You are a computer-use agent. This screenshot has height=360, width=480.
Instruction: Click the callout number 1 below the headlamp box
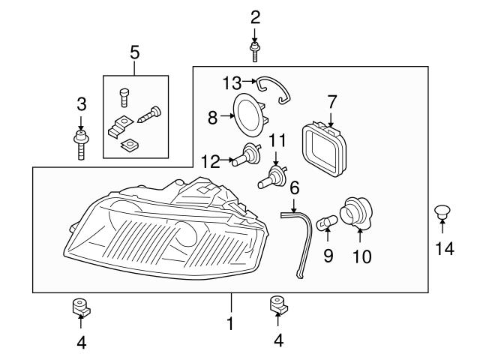(x=230, y=324)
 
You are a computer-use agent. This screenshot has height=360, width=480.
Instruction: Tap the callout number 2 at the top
(x=255, y=16)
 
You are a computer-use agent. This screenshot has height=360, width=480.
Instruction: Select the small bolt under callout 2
(x=255, y=51)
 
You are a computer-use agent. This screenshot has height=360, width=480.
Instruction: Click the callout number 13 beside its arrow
(x=232, y=81)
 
